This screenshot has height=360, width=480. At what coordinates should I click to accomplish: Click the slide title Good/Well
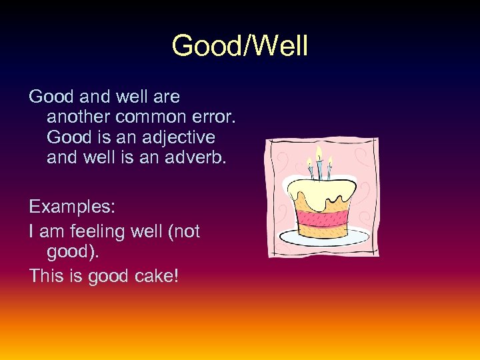point(239,46)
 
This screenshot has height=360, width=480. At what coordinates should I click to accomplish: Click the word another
point(80,117)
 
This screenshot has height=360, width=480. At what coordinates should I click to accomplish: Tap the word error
point(214,117)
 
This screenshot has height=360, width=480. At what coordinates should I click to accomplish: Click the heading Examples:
point(72,207)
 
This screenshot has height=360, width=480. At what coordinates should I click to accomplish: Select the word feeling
point(100,233)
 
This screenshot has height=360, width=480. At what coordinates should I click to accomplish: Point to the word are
point(166,97)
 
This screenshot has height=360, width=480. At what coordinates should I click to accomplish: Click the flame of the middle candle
point(319,153)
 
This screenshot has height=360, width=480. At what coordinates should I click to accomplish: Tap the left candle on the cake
point(310,169)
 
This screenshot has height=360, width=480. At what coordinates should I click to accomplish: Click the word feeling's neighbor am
point(51,231)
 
